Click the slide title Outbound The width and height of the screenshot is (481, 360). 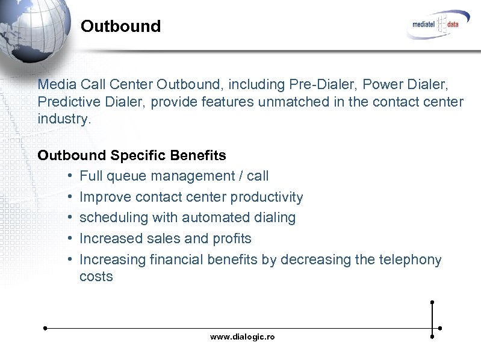[120, 26]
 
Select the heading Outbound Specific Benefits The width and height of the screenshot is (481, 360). [132, 155]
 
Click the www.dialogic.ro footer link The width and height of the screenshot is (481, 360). [242, 337]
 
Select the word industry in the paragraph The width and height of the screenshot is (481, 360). [63, 119]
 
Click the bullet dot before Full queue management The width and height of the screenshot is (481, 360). [70, 176]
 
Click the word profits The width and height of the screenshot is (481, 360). [231, 238]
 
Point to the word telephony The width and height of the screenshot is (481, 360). [412, 259]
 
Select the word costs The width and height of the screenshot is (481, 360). [96, 277]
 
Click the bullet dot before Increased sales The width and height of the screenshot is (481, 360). [70, 239]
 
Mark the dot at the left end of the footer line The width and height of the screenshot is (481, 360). [45, 329]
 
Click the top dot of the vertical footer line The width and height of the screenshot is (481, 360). [432, 302]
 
